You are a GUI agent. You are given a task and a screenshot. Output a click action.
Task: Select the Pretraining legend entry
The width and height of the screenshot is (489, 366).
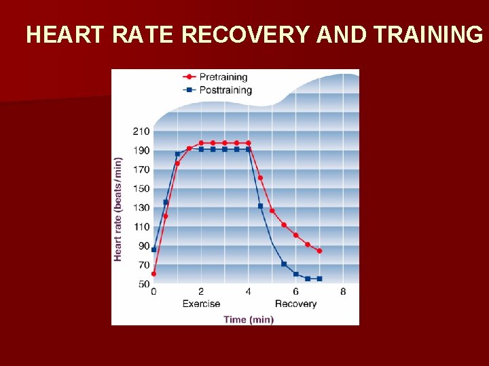click(x=223, y=77)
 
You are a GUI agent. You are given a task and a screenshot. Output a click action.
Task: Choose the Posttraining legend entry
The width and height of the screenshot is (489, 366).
click(x=225, y=89)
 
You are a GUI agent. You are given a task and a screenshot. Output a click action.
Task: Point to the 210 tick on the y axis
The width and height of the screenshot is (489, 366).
click(x=141, y=131)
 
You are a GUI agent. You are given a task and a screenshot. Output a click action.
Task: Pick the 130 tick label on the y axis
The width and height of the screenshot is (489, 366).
click(x=141, y=207)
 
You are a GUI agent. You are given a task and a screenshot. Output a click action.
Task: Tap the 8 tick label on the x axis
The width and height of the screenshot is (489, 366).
click(x=343, y=292)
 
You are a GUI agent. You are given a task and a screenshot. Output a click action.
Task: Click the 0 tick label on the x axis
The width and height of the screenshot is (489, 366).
click(x=153, y=292)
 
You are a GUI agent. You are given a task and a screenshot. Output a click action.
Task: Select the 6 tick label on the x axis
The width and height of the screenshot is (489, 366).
click(x=295, y=292)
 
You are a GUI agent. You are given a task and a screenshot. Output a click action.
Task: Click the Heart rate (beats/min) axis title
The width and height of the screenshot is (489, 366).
click(x=118, y=209)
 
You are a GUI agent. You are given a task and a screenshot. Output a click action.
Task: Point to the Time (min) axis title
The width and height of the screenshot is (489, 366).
click(x=249, y=319)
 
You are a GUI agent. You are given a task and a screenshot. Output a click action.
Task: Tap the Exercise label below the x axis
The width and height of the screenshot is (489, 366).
click(x=202, y=304)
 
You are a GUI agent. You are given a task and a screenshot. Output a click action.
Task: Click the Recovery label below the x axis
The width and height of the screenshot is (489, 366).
click(x=295, y=304)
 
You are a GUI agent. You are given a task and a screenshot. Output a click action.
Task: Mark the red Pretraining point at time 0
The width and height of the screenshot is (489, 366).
click(x=153, y=274)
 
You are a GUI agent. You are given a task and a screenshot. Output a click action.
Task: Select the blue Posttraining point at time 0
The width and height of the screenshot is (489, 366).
click(x=153, y=249)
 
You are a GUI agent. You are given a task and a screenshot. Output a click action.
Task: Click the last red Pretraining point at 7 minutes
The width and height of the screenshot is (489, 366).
click(x=319, y=251)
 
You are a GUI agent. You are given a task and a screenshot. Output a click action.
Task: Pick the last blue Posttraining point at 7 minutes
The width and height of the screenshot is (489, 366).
click(x=319, y=279)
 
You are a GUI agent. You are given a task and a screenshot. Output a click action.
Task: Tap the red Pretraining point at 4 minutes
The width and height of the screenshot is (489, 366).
click(x=249, y=143)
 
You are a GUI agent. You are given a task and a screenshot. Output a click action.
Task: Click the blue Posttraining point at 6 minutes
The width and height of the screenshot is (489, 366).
click(x=295, y=274)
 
